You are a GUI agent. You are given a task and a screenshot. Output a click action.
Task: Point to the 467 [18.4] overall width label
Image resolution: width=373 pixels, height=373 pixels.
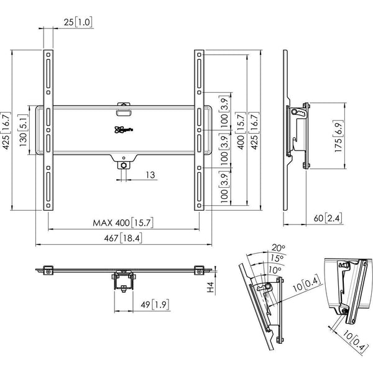tap(125, 238)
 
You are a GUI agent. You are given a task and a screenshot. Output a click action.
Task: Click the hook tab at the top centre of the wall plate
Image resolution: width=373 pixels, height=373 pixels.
tap(125, 108)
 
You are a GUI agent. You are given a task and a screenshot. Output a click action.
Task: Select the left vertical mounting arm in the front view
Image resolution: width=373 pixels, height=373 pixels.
tap(48, 131)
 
